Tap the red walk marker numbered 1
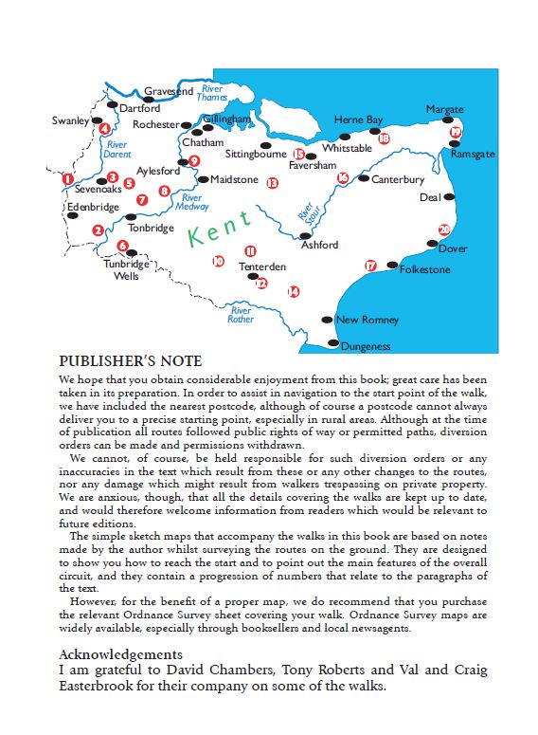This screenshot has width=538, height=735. pos(67,178)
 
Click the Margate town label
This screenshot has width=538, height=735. pos(445,110)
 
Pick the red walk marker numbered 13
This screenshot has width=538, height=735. pos(272,182)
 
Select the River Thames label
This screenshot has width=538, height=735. pos(211,93)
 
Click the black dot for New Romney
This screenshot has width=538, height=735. pos(327,321)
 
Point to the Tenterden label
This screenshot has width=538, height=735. pos(261,267)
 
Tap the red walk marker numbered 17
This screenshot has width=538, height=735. pos(369,266)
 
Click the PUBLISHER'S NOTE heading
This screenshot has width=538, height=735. pos(130,361)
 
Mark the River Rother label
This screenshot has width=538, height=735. pos(241,315)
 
